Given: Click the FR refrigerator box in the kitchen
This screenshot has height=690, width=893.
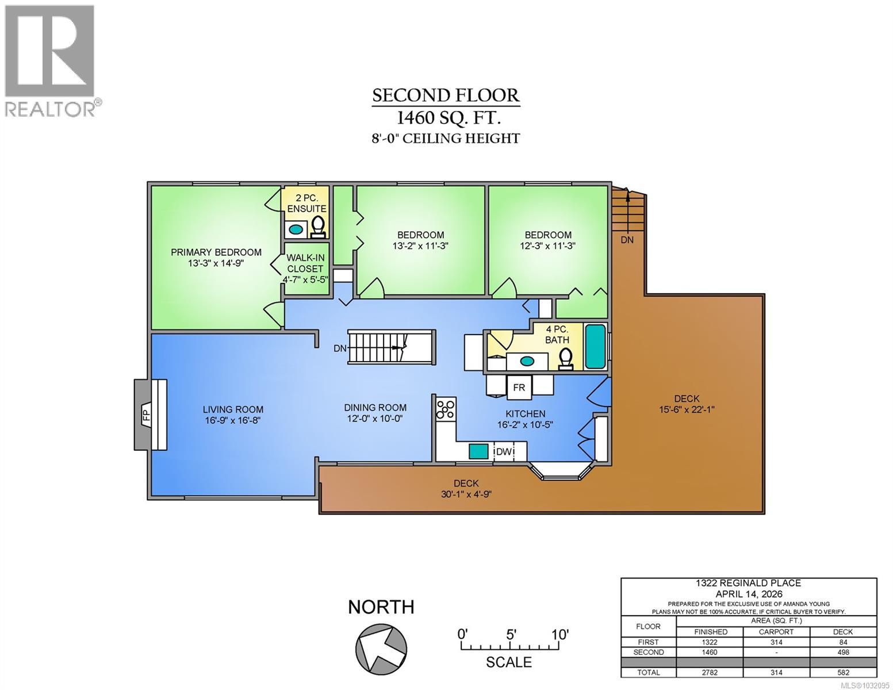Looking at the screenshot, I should (x=519, y=387).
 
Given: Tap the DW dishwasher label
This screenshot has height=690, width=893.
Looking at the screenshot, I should (x=504, y=451).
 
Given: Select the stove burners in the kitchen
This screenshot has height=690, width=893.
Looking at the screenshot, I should (x=446, y=409).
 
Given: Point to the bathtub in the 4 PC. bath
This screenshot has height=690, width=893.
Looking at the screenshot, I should (x=595, y=347).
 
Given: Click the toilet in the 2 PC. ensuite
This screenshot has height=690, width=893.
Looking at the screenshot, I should (x=318, y=227).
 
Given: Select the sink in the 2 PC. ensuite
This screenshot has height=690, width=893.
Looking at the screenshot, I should (x=296, y=229).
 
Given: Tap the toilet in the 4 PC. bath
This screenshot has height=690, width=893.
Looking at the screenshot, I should (x=565, y=358).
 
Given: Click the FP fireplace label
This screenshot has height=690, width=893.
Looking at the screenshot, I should (x=146, y=415).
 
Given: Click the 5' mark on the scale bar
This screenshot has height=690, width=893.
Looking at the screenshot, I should (x=511, y=634).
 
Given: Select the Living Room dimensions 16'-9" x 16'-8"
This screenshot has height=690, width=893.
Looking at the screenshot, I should (x=233, y=420).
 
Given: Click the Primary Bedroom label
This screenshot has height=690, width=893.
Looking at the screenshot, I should (x=216, y=252).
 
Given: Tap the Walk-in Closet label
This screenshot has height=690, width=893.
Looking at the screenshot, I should (x=305, y=263).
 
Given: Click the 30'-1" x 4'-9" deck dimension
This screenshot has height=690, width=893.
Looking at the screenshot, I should (x=465, y=494).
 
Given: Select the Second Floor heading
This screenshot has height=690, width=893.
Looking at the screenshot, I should (x=446, y=95).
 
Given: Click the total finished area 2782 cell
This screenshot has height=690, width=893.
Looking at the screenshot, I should (x=710, y=672).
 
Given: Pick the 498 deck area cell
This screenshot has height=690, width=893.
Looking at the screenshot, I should (x=842, y=652).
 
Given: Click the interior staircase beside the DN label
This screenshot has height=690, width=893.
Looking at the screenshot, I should (x=390, y=347).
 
